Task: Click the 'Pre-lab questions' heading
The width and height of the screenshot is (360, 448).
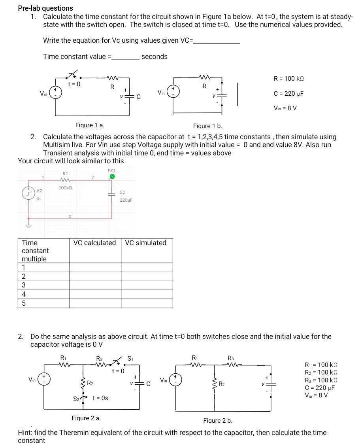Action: pyautogui.click(x=45, y=8)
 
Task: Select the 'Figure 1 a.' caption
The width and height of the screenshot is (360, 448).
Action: pyautogui.click(x=90, y=125)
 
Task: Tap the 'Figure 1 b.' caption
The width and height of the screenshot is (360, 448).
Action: pyautogui.click(x=207, y=126)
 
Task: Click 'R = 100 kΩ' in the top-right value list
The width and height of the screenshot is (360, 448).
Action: pyautogui.click(x=289, y=79)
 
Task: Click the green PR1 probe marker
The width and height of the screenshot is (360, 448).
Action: pyautogui.click(x=112, y=176)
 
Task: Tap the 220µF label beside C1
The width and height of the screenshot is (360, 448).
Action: pyautogui.click(x=125, y=200)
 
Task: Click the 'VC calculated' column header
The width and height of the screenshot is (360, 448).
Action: pyautogui.click(x=95, y=243)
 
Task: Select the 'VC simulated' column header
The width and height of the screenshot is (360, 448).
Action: pyautogui.click(x=146, y=243)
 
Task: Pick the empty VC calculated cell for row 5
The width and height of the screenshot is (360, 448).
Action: pyautogui.click(x=95, y=303)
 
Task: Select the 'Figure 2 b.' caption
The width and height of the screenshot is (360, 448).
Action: pyautogui.click(x=218, y=420)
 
